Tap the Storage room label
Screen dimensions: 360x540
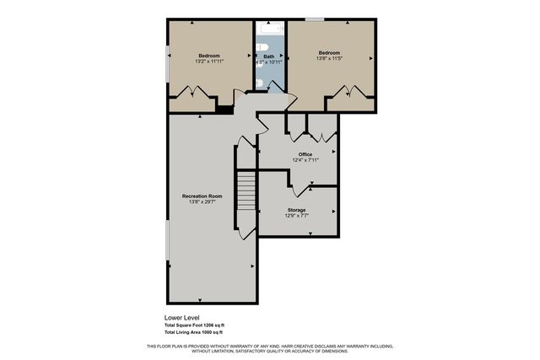click(296, 209)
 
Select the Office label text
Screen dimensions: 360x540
click(305, 154)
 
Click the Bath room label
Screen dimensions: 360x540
click(268, 56)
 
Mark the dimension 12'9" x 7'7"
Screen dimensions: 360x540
click(296, 216)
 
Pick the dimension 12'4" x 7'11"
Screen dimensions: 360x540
click(305, 160)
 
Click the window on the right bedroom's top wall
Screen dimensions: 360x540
click(315, 19)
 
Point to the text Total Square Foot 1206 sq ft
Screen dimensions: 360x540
click(195, 325)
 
